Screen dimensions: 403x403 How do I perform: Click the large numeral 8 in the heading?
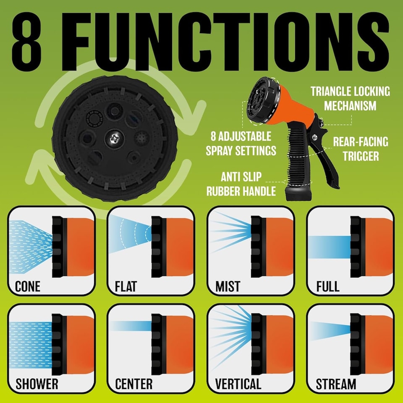coord(26,41)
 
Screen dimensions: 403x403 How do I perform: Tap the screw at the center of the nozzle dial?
coord(115,139)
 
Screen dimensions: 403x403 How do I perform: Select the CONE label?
coord(28,286)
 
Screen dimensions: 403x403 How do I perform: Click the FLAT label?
coord(126,286)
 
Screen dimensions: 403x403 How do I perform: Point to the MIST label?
coord(228,286)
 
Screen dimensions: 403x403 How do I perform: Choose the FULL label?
coord(328,286)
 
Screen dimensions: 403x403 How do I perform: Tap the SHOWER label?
coord(37,384)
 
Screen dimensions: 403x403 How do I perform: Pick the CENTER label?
coord(133,384)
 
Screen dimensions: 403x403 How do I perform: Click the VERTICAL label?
coord(238,384)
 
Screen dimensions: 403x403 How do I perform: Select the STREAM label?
coord(336,384)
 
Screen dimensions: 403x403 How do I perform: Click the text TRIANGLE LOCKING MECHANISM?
coord(350,98)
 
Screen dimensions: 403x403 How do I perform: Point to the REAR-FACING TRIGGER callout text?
coord(361,149)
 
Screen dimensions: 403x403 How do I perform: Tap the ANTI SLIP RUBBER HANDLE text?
coord(241,184)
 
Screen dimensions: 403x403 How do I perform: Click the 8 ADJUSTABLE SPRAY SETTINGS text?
coord(241,144)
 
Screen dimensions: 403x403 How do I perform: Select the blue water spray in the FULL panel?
coord(330,247)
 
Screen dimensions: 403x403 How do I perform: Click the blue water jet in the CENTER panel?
coord(131,326)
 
